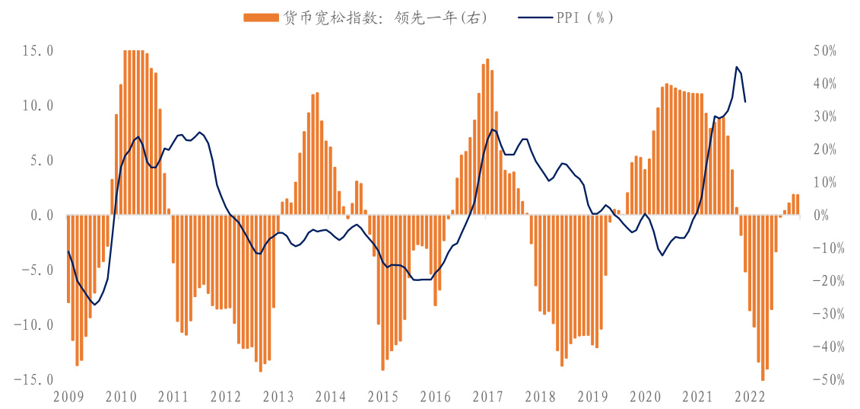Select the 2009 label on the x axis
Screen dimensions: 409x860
(x=68, y=396)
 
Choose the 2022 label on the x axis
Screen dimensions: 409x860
(x=750, y=396)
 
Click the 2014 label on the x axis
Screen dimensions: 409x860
(x=330, y=396)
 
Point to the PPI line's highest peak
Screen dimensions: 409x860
(x=736, y=67)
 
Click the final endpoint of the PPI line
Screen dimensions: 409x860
(x=745, y=101)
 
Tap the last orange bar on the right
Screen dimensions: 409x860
(x=798, y=205)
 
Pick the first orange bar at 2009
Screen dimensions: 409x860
(x=68, y=259)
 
